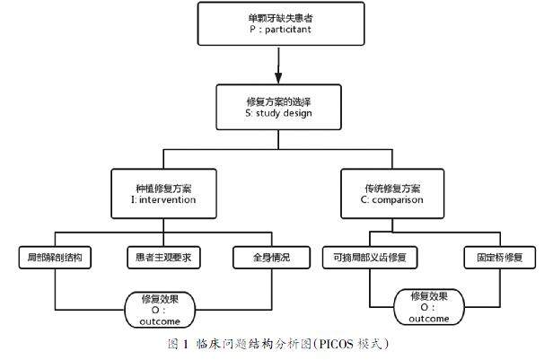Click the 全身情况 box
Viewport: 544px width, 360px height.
tap(272, 258)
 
